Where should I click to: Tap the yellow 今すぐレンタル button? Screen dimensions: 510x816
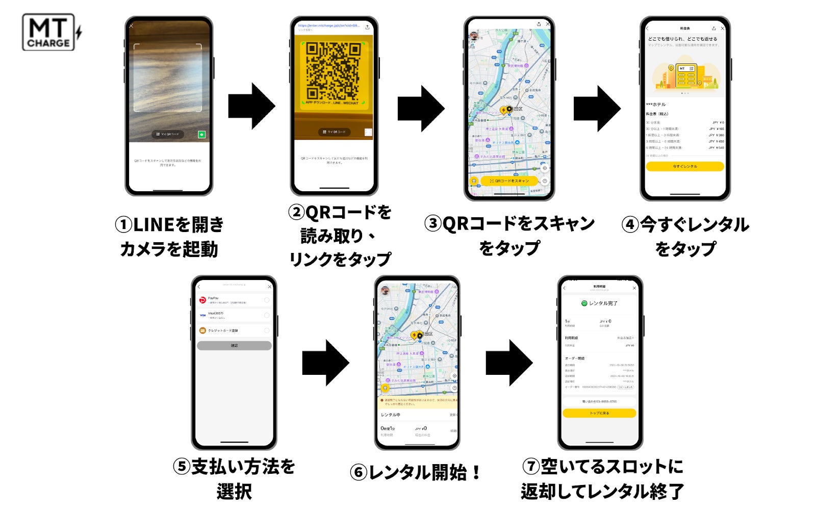[x=684, y=166]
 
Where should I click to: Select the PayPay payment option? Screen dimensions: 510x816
[x=234, y=300]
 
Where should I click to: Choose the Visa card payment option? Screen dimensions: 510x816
[x=234, y=315]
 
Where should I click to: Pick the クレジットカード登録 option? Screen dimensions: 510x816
[x=234, y=330]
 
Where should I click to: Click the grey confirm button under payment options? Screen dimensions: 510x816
[x=234, y=345]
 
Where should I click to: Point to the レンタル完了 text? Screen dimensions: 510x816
[x=600, y=303]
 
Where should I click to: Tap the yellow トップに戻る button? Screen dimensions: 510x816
[x=599, y=413]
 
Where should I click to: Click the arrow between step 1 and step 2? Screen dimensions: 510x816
[x=251, y=106]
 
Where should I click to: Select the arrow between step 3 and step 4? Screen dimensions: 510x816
[x=597, y=108]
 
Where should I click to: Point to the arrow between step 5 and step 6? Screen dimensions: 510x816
[x=325, y=363]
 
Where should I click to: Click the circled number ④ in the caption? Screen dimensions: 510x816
[x=630, y=224]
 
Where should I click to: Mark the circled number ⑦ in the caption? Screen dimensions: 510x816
[x=531, y=466]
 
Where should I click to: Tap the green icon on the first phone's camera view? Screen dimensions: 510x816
[x=201, y=135]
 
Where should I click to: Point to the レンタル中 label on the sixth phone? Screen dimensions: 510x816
[x=391, y=415]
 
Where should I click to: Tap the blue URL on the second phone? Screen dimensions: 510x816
[x=328, y=25]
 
